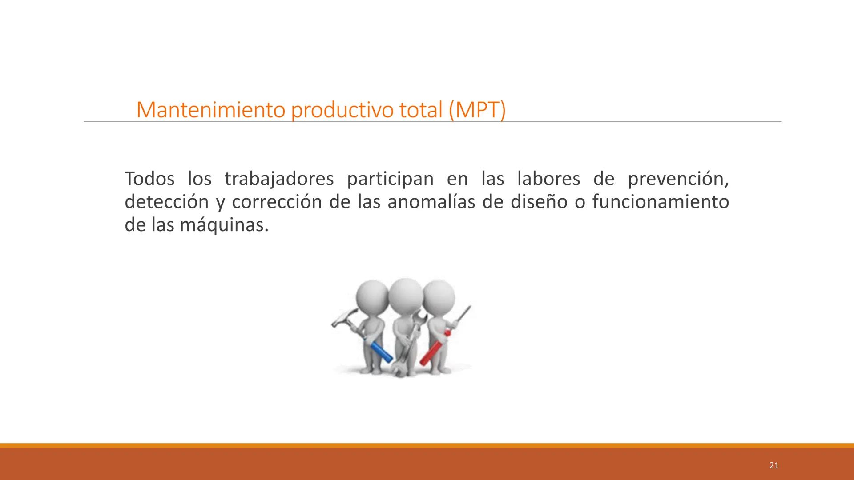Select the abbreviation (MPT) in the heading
coord(477,110)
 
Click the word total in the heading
coord(421,110)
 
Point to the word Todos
coord(149,179)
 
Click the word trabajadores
coord(279,179)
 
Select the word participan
coord(390,180)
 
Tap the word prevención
coord(678,179)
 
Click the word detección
coord(166,202)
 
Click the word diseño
coord(539,202)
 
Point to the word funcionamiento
coord(661,202)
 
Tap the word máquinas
coord(224,225)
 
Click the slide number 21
coord(774,465)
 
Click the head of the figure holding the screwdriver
coord(439,297)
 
